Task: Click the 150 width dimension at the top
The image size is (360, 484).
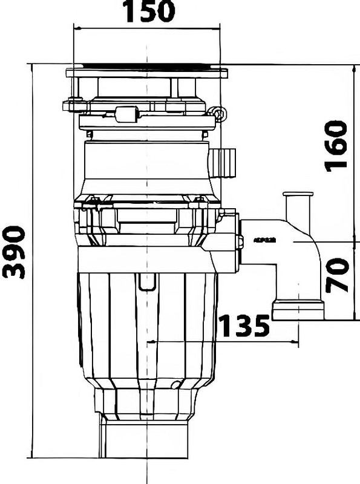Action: [x=148, y=11]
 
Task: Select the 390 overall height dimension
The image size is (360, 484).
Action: [x=14, y=252]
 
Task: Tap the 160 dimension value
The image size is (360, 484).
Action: [x=336, y=146]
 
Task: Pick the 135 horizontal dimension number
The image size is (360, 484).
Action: [x=244, y=326]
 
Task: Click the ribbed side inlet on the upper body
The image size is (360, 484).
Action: [x=224, y=162]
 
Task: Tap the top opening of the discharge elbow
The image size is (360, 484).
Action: [x=298, y=195]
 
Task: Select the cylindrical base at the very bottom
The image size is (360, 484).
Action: [x=145, y=440]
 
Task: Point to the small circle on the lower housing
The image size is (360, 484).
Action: [x=175, y=385]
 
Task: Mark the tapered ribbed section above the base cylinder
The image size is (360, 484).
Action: [x=146, y=402]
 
